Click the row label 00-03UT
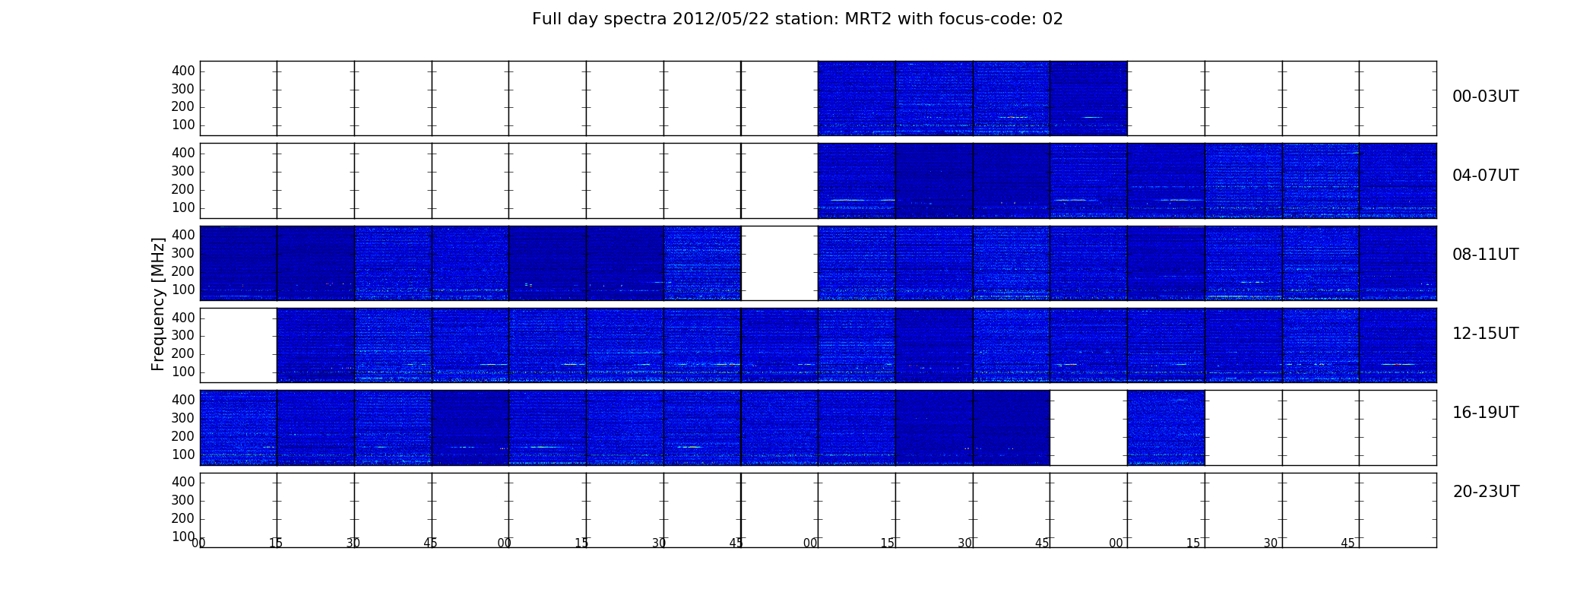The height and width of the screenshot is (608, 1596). (x=1486, y=97)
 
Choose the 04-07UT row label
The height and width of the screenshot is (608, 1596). (x=1486, y=176)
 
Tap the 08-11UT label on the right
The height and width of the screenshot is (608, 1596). (x=1486, y=255)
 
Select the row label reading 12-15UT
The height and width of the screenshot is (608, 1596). (x=1486, y=334)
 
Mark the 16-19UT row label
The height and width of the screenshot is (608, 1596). (x=1486, y=413)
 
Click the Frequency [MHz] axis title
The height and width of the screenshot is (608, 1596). (x=158, y=304)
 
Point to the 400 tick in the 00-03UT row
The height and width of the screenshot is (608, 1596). (x=183, y=71)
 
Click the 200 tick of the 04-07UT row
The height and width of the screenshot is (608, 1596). (x=183, y=189)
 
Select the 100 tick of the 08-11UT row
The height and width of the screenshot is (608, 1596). (x=183, y=290)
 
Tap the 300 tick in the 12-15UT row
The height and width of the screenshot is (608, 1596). (x=183, y=335)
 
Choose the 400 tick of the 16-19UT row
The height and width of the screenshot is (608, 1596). (x=183, y=400)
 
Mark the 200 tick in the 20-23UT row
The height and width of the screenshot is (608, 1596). (x=183, y=518)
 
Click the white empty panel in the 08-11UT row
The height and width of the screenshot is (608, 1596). (x=780, y=263)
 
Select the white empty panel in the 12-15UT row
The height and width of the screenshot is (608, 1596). (x=239, y=345)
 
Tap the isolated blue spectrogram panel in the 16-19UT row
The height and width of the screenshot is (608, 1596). (x=1166, y=428)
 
